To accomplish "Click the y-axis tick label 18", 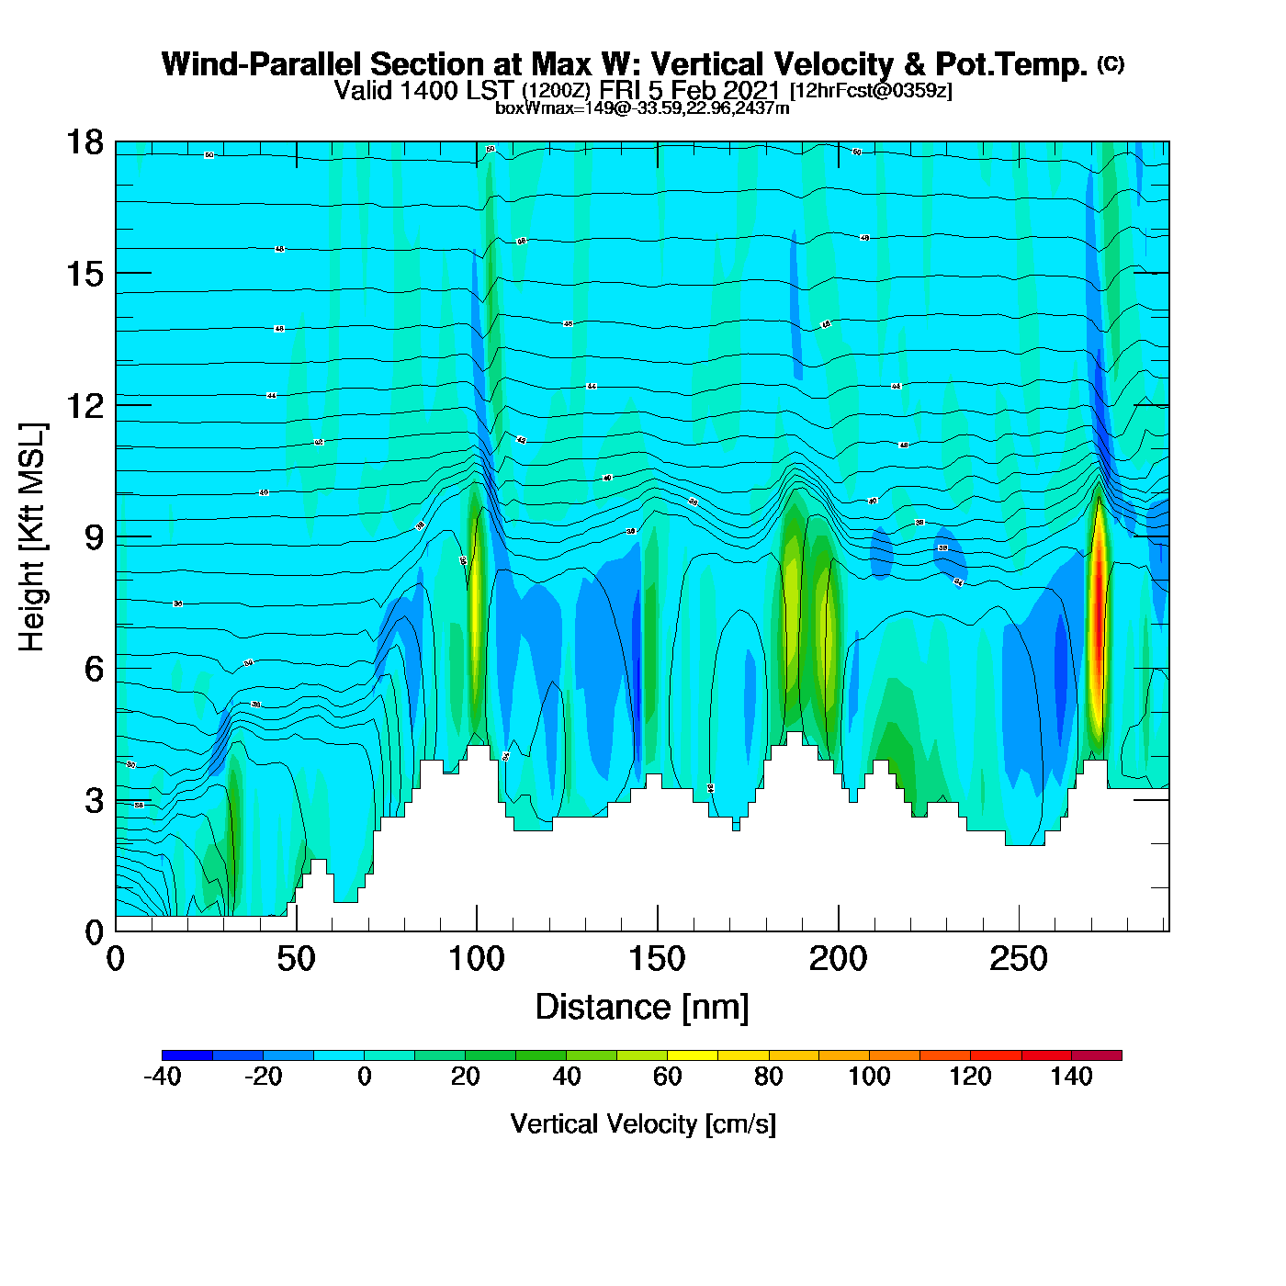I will [84, 142].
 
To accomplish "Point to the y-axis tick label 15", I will [84, 274].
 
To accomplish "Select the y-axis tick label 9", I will [94, 537].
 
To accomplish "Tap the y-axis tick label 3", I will [94, 801].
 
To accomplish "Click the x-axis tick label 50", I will [296, 960].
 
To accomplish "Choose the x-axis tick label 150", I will [657, 960].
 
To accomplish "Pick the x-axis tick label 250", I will [1019, 960].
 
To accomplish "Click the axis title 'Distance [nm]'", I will [642, 1008].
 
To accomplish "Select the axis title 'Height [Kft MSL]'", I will [32, 537].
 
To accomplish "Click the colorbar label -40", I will [163, 1077].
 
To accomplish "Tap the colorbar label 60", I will [668, 1077].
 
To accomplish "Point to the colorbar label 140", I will [1071, 1077].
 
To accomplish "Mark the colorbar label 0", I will [365, 1077].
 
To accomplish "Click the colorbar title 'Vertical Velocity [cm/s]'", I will [643, 1124].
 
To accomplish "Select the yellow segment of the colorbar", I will [693, 1055].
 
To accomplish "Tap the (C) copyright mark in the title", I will [1111, 63].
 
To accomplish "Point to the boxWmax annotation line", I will [642, 107].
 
